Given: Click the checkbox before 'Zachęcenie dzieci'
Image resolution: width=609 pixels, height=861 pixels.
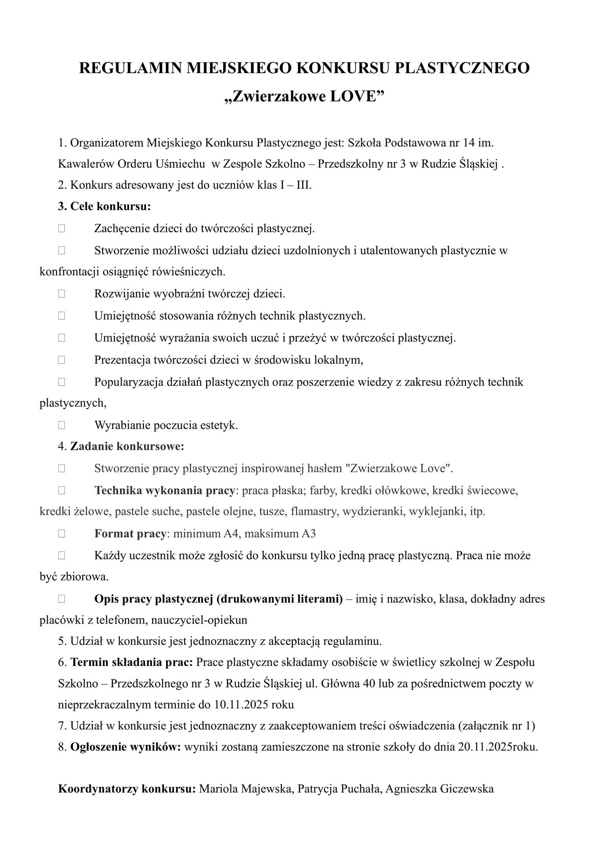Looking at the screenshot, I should point(62,229).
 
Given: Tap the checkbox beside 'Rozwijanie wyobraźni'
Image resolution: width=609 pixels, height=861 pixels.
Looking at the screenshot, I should point(62,294).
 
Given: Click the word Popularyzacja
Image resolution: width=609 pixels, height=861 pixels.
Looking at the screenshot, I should point(129,382).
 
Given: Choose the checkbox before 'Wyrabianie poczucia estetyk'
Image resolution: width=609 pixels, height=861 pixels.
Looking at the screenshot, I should point(62,425).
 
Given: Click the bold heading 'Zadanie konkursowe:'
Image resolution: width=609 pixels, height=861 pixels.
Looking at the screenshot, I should point(127,446).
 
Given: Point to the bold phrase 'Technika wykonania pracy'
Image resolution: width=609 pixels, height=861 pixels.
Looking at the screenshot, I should point(164,491).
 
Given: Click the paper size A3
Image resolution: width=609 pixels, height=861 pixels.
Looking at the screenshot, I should point(309,534).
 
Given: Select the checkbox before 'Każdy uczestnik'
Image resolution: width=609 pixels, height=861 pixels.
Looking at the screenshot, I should point(62,556).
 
